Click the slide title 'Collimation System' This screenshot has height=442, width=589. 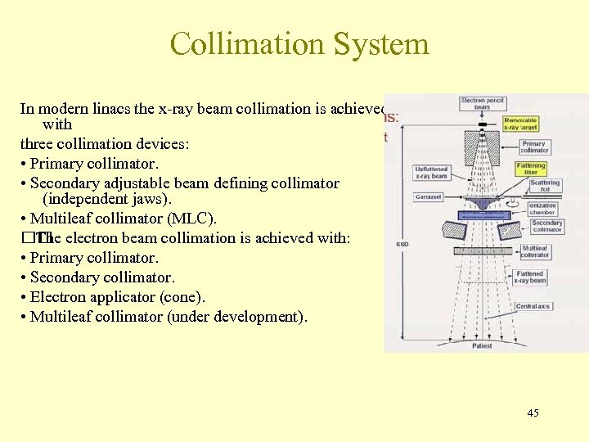pyautogui.click(x=299, y=43)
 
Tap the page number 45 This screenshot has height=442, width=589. pyautogui.click(x=533, y=413)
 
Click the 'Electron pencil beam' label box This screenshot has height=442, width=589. pyautogui.click(x=484, y=104)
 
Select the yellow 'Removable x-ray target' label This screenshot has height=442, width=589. pyautogui.click(x=521, y=124)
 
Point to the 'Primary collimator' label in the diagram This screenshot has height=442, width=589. pyautogui.click(x=534, y=147)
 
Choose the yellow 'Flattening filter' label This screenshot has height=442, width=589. pyautogui.click(x=531, y=169)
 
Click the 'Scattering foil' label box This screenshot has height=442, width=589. pyautogui.click(x=545, y=187)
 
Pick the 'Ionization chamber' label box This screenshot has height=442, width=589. pyautogui.click(x=542, y=208)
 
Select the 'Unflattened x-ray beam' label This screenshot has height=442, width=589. pyautogui.click(x=432, y=172)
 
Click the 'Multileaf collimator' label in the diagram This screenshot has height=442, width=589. pyautogui.click(x=535, y=251)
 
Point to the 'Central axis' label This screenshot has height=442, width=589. pyautogui.click(x=533, y=306)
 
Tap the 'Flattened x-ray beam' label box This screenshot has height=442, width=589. pyautogui.click(x=531, y=277)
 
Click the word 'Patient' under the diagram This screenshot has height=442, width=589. pyautogui.click(x=483, y=346)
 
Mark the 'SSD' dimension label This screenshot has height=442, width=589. pyautogui.click(x=402, y=244)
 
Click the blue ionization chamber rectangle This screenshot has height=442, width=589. pyautogui.click(x=483, y=214)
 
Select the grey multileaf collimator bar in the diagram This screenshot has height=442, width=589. pyautogui.click(x=483, y=250)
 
